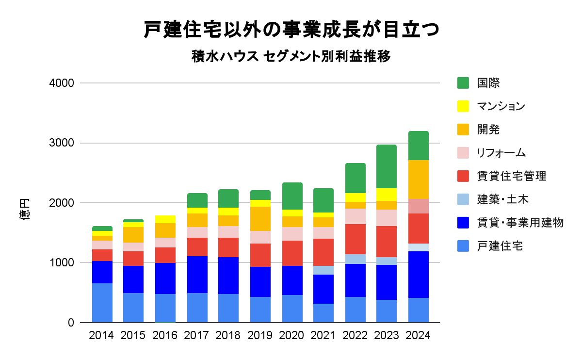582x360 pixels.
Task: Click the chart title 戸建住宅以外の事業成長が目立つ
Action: pyautogui.click(x=291, y=30)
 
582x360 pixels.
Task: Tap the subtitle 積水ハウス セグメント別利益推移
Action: pyautogui.click(x=291, y=57)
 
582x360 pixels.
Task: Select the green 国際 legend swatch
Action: pyautogui.click(x=463, y=83)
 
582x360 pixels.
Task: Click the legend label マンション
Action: pyautogui.click(x=501, y=106)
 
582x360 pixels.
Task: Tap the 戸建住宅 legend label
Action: pyautogui.click(x=500, y=246)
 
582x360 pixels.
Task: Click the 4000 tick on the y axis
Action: pyautogui.click(x=62, y=83)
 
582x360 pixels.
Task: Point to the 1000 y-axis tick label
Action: pyautogui.click(x=62, y=262)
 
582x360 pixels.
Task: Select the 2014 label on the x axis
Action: pyautogui.click(x=102, y=335)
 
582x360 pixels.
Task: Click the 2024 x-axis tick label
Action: pyautogui.click(x=418, y=335)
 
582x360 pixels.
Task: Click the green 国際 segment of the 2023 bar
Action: pyautogui.click(x=387, y=166)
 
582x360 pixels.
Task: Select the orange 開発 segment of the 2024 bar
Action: pyautogui.click(x=418, y=180)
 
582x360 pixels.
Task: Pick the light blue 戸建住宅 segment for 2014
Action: pyautogui.click(x=102, y=303)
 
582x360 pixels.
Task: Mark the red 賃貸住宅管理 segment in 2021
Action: pyautogui.click(x=323, y=252)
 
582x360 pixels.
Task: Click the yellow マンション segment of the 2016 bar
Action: pyautogui.click(x=165, y=219)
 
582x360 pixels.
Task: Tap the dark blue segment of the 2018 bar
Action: pyautogui.click(x=228, y=276)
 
